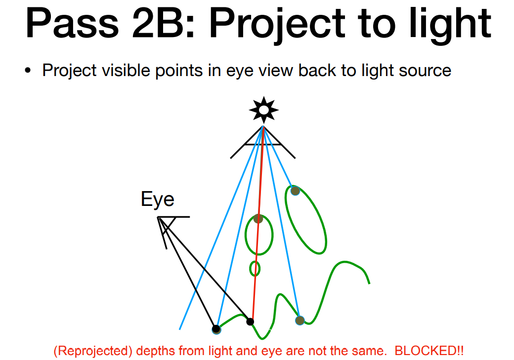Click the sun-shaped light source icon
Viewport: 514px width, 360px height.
pos(263,110)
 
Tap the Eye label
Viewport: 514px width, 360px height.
pos(157,199)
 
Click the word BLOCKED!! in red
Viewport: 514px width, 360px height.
pos(429,351)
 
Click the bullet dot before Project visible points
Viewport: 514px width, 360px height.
pos(28,70)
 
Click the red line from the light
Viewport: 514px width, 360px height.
pos(257,224)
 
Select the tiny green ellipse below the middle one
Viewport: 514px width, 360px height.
pos(255,269)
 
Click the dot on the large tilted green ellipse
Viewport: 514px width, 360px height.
pos(295,191)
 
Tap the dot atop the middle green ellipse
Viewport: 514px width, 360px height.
pos(258,218)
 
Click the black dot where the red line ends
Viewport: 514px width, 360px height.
pos(250,321)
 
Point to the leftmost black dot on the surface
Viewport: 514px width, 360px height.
pos(216,329)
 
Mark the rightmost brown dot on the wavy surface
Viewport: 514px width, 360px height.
pos(300,320)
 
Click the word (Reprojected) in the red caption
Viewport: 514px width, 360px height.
pos(93,351)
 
